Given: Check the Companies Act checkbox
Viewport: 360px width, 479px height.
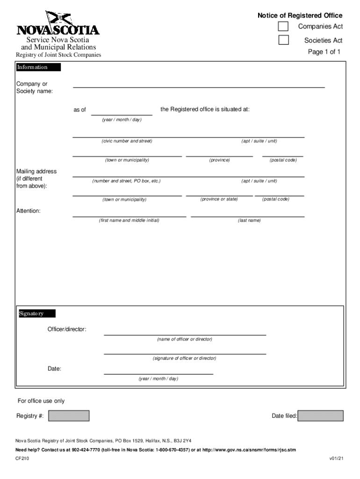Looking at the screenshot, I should pyautogui.click(x=283, y=26).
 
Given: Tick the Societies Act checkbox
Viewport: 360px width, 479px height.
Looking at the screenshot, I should pyautogui.click(x=283, y=40).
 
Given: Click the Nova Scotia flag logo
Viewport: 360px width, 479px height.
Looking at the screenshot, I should pyautogui.click(x=58, y=19).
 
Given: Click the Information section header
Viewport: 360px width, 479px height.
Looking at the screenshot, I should pyautogui.click(x=38, y=67).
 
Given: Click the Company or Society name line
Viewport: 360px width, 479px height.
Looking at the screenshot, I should pyautogui.click(x=198, y=84).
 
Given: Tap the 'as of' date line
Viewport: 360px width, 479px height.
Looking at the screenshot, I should pyautogui.click(x=122, y=111).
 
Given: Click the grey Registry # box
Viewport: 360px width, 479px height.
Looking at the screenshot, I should pyautogui.click(x=69, y=416).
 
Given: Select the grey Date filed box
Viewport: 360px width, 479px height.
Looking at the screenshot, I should pyautogui.click(x=321, y=416).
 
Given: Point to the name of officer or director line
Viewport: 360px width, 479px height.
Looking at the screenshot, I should pyautogui.click(x=185, y=332).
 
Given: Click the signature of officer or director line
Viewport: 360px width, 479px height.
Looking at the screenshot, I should pyautogui.click(x=185, y=351).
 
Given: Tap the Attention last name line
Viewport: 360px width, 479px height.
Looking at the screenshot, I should pyautogui.click(x=247, y=214).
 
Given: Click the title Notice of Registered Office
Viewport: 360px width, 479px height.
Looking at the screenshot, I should pyautogui.click(x=300, y=15).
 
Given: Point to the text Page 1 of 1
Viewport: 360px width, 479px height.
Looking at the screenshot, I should pyautogui.click(x=324, y=52).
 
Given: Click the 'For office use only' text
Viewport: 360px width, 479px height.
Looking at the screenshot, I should pyautogui.click(x=41, y=401).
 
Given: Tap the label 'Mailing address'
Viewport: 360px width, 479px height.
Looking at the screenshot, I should pyautogui.click(x=36, y=171).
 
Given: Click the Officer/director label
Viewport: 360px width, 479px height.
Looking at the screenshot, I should pyautogui.click(x=67, y=329).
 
